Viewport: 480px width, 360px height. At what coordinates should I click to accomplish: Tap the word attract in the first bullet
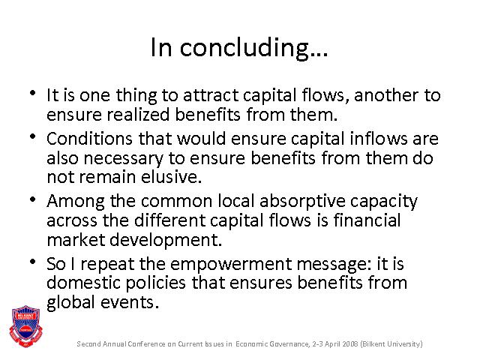tap(211, 95)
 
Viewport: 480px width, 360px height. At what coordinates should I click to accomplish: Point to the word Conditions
tap(89, 139)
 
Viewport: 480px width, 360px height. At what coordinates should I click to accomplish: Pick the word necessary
tap(123, 159)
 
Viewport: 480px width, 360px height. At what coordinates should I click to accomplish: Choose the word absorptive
tap(302, 202)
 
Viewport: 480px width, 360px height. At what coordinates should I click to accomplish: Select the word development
tap(166, 240)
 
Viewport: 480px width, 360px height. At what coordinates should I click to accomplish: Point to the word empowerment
tap(231, 265)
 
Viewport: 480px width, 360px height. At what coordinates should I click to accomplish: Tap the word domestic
tap(83, 282)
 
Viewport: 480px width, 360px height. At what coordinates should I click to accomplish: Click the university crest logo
tap(26, 326)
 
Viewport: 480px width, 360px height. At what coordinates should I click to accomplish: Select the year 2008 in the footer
tap(350, 343)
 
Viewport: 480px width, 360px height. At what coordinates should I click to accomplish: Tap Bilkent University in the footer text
tap(391, 344)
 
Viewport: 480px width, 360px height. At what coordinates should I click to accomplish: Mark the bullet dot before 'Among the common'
tap(33, 199)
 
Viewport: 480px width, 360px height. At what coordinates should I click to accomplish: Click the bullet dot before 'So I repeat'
tap(33, 262)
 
